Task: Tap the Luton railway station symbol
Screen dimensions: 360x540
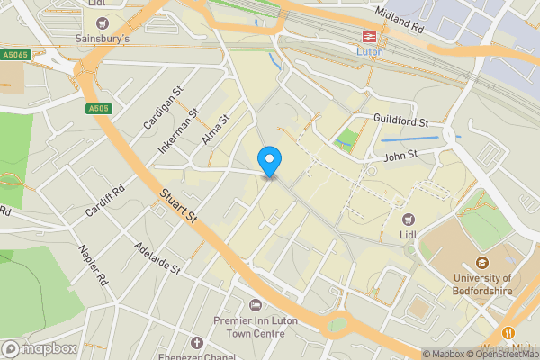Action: [x=369, y=37]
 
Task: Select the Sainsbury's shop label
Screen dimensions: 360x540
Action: [x=102, y=39]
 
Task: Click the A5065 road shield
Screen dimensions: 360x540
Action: [x=16, y=55]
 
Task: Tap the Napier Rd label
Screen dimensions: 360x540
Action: [x=93, y=265]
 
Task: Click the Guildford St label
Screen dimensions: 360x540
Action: [x=400, y=121]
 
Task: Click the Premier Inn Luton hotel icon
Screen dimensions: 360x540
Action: [x=255, y=307]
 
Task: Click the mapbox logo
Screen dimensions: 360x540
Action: [x=40, y=348]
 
